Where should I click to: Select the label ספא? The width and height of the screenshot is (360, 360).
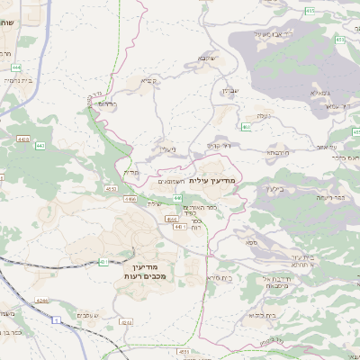point(249,241)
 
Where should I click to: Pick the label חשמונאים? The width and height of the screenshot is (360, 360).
point(172,183)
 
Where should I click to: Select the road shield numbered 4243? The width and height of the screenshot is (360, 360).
point(127,321)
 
